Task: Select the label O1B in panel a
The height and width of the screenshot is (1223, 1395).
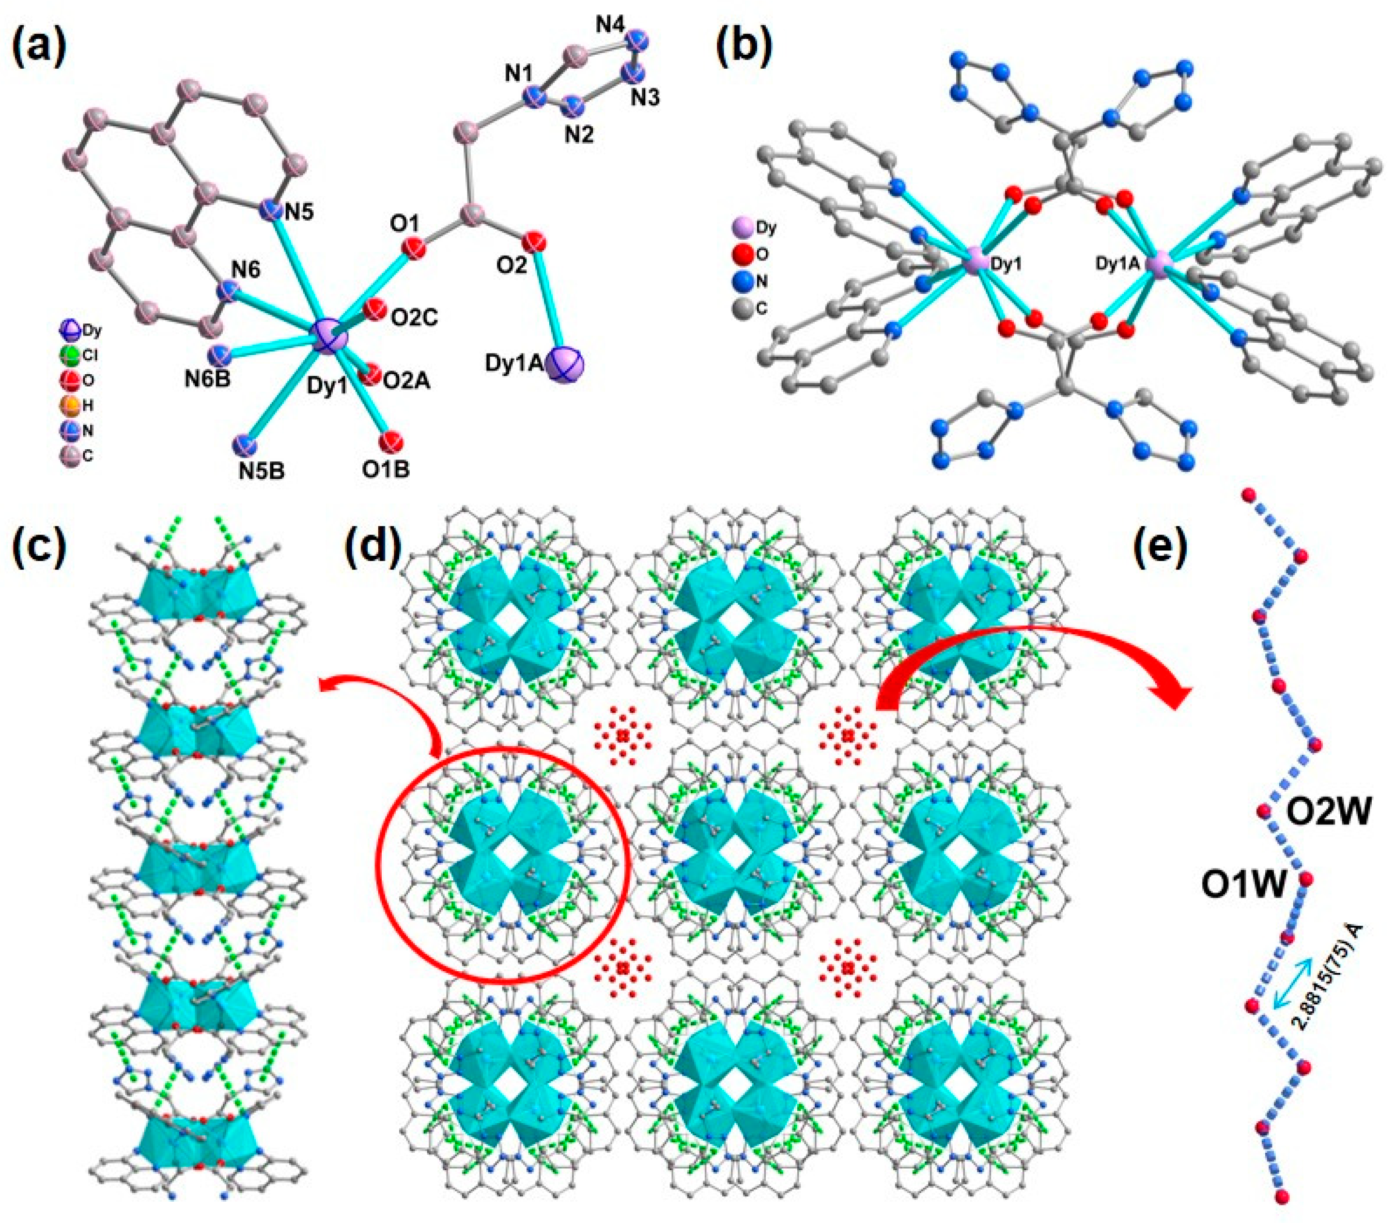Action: (x=386, y=469)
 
